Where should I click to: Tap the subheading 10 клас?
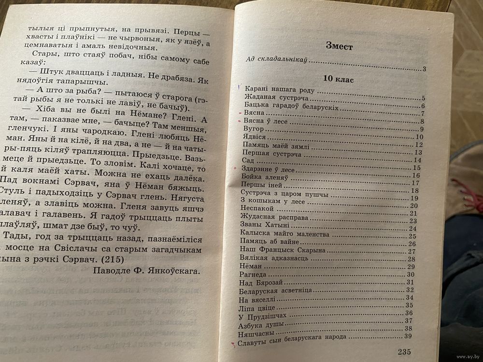339,80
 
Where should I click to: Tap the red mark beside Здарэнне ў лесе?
235,168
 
